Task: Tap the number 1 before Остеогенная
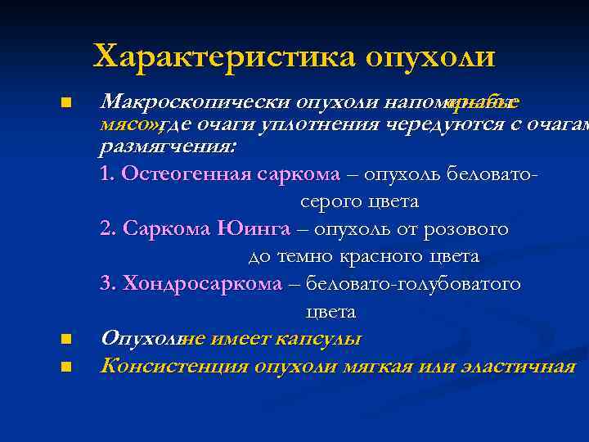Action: (104, 174)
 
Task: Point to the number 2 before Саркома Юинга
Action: (105, 229)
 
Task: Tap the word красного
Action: (385, 256)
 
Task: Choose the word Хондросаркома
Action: (201, 284)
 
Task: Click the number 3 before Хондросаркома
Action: (105, 284)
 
